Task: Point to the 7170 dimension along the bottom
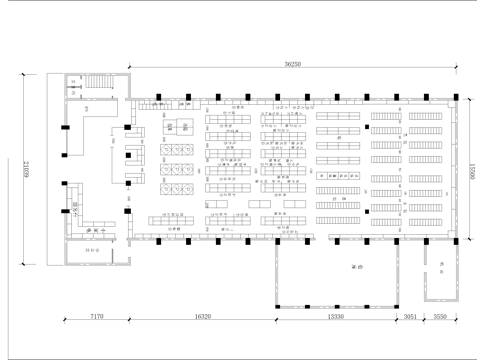[96, 316]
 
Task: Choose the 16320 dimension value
[203, 316]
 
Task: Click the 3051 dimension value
[410, 316]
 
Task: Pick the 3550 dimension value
[441, 316]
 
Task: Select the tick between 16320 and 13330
[276, 320]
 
